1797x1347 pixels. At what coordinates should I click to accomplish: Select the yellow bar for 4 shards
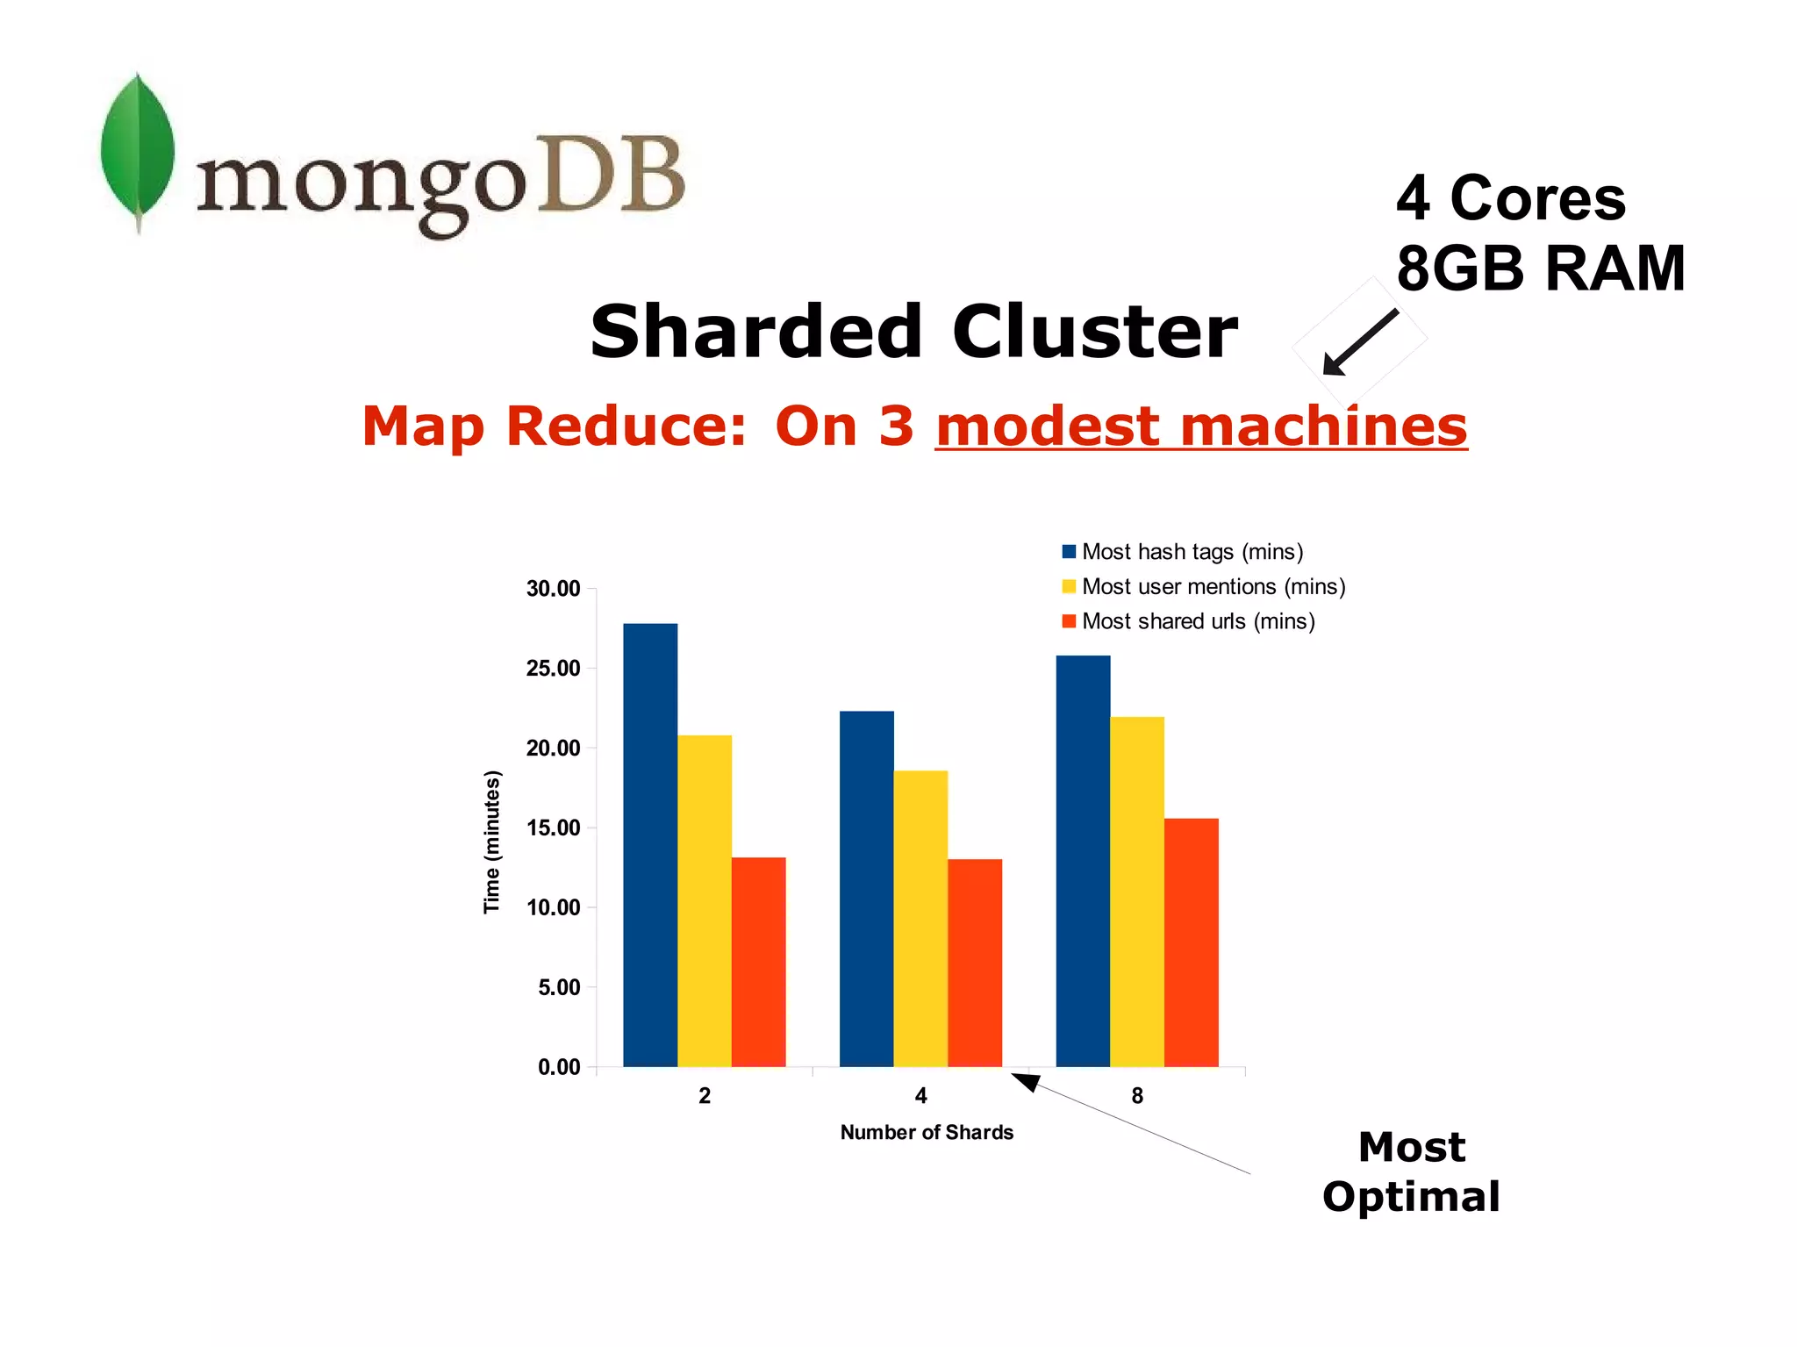[x=920, y=918]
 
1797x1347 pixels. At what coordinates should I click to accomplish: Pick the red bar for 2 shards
[x=758, y=961]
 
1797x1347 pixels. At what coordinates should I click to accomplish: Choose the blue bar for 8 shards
[x=1083, y=860]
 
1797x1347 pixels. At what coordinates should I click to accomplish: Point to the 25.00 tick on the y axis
[x=553, y=669]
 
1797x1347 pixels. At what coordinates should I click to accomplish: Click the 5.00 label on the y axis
[x=559, y=987]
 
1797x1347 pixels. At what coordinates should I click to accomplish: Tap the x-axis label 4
[x=920, y=1095]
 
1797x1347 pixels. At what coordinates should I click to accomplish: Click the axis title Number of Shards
[x=927, y=1132]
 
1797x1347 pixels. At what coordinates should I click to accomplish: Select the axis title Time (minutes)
[x=492, y=842]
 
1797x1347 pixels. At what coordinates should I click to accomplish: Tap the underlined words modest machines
[x=1200, y=426]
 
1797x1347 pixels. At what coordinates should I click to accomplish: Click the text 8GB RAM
[x=1540, y=268]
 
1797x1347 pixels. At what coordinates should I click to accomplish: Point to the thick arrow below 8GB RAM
[x=1360, y=342]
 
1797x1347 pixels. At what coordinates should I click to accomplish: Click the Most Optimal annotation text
[x=1411, y=1171]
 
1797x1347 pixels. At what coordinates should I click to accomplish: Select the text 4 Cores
[x=1510, y=197]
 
